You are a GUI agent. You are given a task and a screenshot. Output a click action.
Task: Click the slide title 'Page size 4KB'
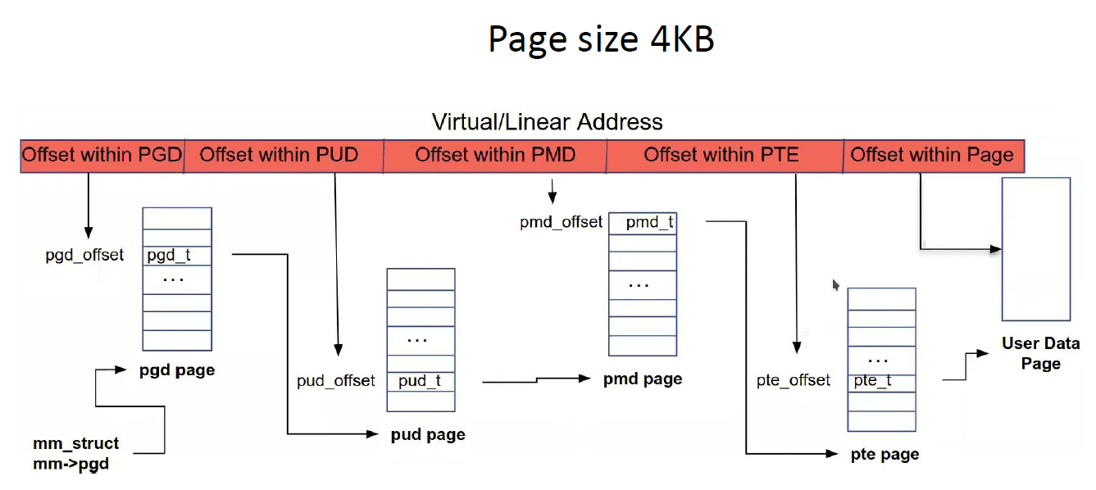coord(601,39)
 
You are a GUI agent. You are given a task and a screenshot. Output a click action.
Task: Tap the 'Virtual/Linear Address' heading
coord(547,122)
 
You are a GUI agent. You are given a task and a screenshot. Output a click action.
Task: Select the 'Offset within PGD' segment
coord(102,155)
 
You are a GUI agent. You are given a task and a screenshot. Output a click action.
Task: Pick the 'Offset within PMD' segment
coord(495,155)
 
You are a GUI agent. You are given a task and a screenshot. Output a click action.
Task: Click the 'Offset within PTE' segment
coord(724,155)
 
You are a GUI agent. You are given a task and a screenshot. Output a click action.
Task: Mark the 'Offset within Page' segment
coord(933,155)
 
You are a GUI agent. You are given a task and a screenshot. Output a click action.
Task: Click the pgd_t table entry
coord(177,255)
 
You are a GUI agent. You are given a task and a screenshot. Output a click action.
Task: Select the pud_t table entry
coord(421,381)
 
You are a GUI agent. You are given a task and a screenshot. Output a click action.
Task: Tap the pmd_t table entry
coord(643,222)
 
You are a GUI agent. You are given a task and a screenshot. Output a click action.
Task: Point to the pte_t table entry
coord(881,381)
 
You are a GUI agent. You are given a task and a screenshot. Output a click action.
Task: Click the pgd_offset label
coord(84,255)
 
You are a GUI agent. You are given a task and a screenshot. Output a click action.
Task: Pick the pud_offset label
coord(335,381)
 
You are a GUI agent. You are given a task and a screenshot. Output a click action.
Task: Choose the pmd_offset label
coord(561,222)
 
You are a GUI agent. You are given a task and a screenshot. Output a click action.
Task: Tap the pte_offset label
coord(793,381)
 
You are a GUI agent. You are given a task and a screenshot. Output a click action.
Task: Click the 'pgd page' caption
coord(176,370)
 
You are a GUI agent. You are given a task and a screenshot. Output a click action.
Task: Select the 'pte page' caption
coord(885,455)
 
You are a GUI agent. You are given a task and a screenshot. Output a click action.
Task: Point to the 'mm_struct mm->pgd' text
coord(75,454)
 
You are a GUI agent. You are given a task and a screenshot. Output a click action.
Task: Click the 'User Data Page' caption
coord(1040,353)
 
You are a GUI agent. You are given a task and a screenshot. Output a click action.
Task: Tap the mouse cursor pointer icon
coord(835,284)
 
